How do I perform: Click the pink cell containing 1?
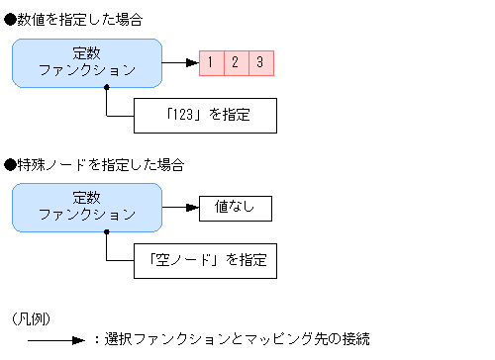click(x=211, y=63)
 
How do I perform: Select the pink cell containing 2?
click(x=236, y=63)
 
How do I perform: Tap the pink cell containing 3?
click(x=260, y=63)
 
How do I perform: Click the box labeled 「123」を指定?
click(x=205, y=115)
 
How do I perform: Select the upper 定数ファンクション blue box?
click(x=87, y=62)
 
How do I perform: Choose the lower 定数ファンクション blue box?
click(x=87, y=207)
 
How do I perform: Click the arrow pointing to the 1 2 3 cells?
click(x=179, y=63)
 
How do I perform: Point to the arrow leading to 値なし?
click(x=179, y=208)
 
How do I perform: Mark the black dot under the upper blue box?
click(x=105, y=87)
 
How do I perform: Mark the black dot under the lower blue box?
click(x=105, y=232)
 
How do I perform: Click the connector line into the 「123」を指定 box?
click(x=119, y=115)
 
